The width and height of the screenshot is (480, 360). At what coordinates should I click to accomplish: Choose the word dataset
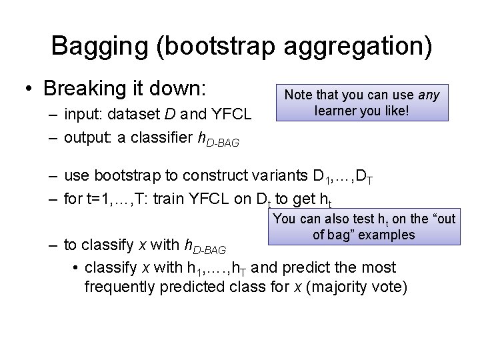137,115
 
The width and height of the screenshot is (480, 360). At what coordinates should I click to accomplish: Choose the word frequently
125,287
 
